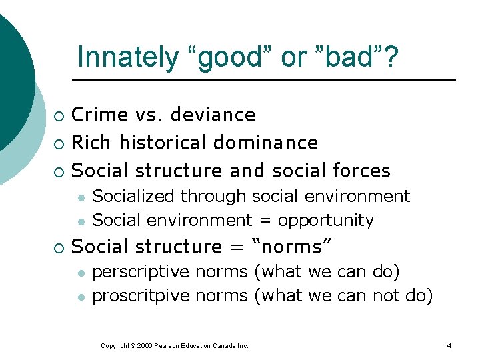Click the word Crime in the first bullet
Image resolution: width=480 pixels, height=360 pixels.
[101, 115]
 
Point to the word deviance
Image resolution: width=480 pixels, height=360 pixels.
[213, 115]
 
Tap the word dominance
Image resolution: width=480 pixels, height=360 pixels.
[266, 143]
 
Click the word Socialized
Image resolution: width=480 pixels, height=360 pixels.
[135, 196]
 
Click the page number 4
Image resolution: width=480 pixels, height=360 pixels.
[449, 346]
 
